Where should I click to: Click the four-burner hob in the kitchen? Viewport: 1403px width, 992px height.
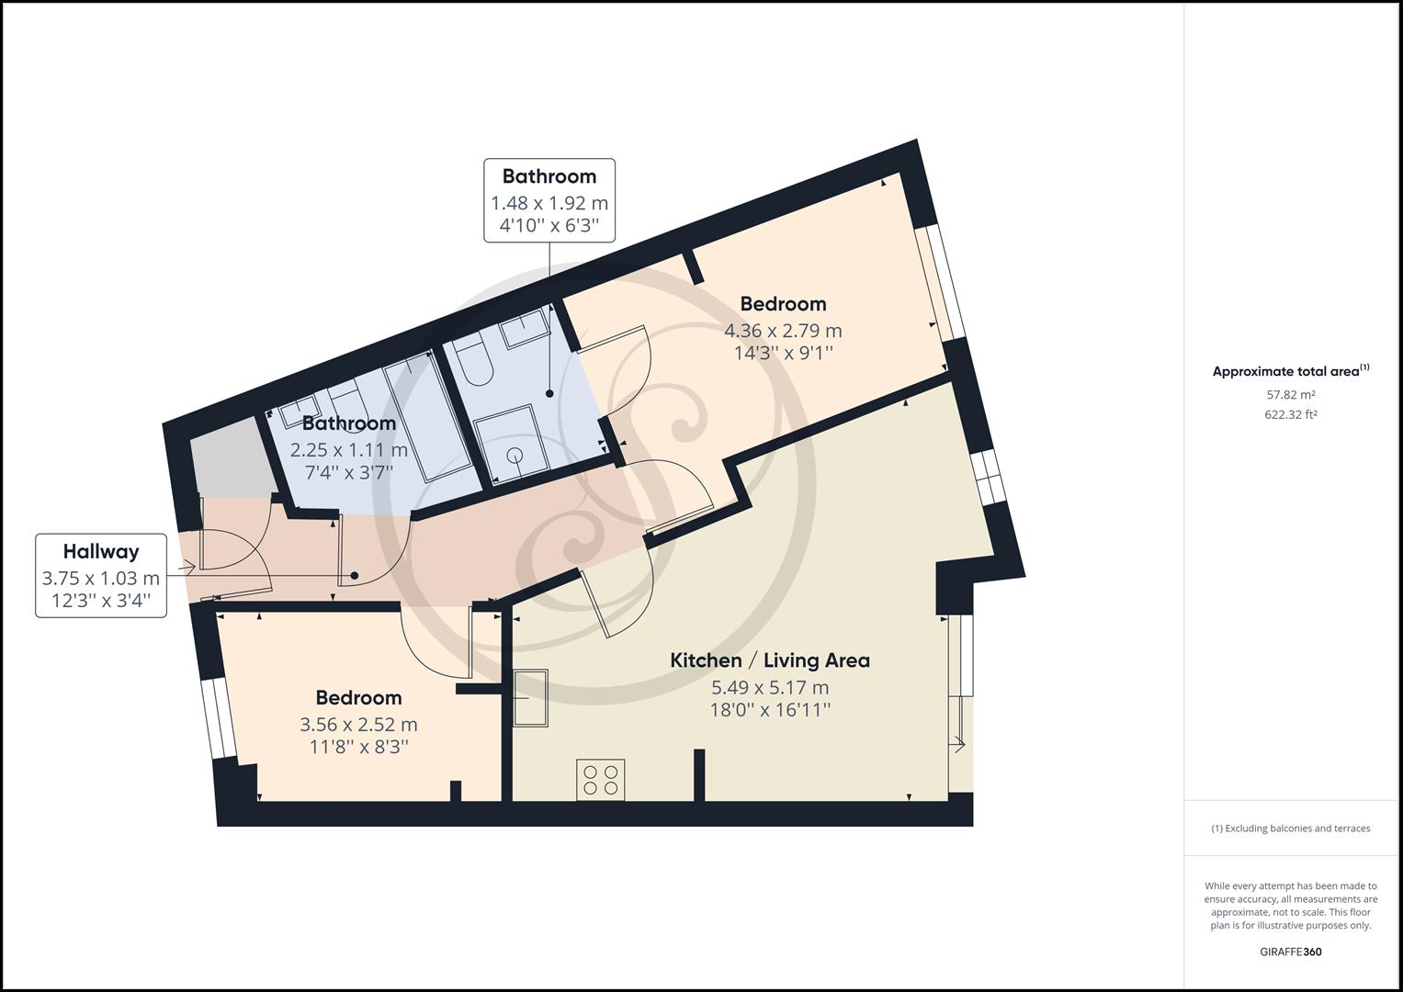(601, 780)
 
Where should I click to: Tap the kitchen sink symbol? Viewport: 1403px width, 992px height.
(530, 698)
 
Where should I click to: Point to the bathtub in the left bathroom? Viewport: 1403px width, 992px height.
(427, 418)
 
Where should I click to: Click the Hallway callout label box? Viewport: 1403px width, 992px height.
(101, 575)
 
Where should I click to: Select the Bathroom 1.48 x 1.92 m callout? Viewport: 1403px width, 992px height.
(549, 200)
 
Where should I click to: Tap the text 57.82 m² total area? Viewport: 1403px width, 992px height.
(1290, 395)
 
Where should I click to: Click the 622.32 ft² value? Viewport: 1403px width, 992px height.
(1290, 414)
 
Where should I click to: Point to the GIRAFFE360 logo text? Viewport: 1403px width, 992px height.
(1290, 952)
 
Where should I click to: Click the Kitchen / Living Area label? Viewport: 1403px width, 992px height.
(769, 660)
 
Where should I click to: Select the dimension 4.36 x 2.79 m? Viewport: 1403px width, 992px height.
(783, 330)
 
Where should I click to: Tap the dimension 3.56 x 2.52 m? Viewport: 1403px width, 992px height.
(358, 724)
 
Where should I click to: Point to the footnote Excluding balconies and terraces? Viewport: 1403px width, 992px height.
(1290, 829)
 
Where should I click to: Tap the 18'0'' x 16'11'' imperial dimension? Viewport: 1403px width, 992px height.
(770, 710)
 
